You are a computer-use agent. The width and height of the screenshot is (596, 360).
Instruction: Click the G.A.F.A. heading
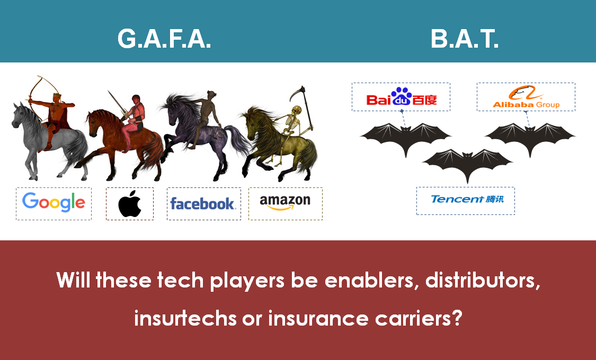(164, 39)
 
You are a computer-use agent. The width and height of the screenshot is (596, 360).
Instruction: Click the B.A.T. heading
(464, 39)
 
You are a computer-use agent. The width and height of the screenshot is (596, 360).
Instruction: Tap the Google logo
(54, 202)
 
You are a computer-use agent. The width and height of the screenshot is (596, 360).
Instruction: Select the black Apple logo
(130, 203)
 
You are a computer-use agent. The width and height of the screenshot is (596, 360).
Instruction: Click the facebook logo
(203, 203)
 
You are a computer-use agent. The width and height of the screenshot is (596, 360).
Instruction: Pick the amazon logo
(285, 202)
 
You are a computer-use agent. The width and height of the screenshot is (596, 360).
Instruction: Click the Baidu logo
(402, 97)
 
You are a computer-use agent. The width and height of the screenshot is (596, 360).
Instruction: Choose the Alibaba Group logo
(526, 97)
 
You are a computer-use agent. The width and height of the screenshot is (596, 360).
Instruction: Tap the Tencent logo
(467, 199)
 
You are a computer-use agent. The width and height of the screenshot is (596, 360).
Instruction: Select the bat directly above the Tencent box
(467, 162)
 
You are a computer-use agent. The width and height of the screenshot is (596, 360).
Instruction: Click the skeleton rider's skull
(297, 111)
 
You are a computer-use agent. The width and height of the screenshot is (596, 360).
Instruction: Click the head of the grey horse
(18, 114)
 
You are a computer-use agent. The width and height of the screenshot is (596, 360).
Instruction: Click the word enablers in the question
(372, 280)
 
